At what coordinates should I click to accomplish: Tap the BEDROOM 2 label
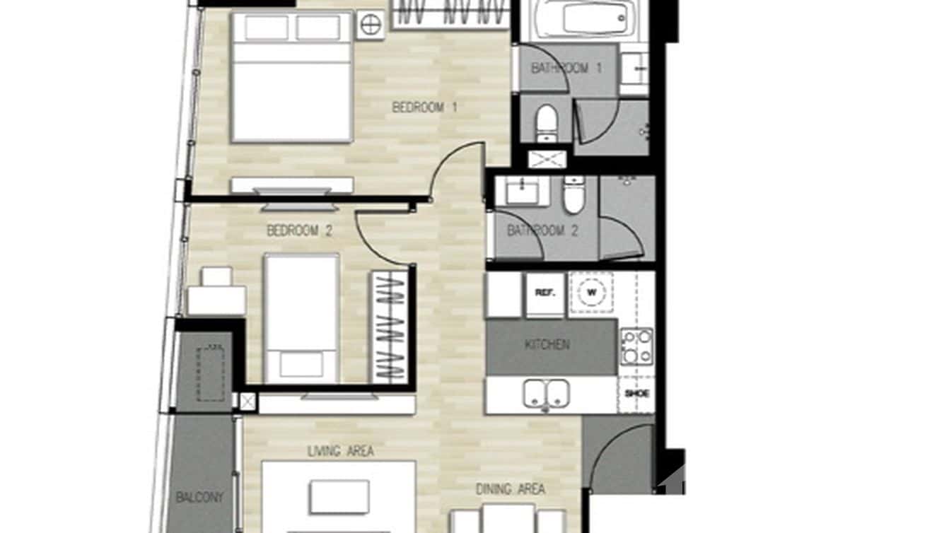(x=299, y=230)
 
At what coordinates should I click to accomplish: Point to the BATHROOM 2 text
(x=542, y=230)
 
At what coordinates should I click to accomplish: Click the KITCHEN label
(x=547, y=345)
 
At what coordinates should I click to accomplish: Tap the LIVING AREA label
(x=340, y=451)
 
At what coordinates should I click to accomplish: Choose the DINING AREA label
(x=510, y=488)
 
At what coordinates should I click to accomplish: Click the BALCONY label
(x=199, y=498)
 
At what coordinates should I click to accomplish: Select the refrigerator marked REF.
(x=544, y=293)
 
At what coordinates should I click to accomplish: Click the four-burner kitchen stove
(x=636, y=346)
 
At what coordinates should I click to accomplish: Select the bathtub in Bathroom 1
(x=579, y=18)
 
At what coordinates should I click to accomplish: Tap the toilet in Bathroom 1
(x=547, y=123)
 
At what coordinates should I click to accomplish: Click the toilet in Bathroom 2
(x=574, y=194)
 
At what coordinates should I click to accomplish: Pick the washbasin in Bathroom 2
(x=522, y=189)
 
